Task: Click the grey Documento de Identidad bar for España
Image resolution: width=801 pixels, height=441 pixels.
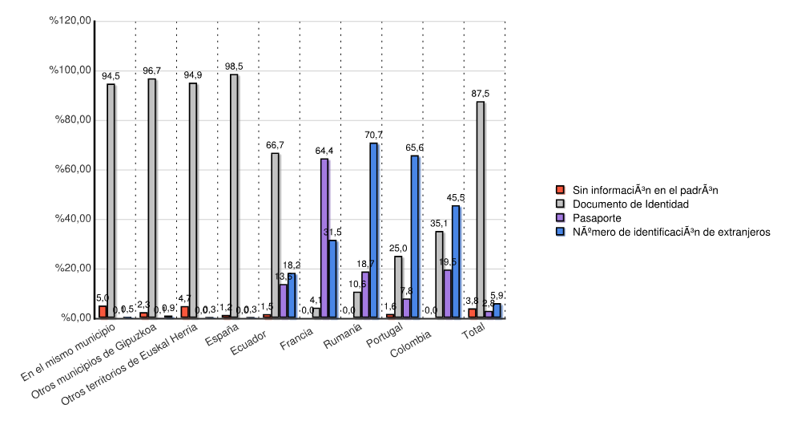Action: [x=234, y=196]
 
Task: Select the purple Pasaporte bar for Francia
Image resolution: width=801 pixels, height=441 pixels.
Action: [x=324, y=238]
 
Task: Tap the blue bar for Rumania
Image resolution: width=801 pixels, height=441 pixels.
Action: [x=373, y=230]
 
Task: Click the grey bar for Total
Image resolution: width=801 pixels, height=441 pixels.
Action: [x=480, y=209]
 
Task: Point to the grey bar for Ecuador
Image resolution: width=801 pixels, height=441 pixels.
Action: [x=275, y=235]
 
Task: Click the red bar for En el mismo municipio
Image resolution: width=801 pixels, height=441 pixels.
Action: [x=103, y=312]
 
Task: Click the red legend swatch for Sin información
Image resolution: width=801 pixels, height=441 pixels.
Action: [x=562, y=190]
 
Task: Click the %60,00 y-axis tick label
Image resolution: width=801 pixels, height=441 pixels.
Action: [x=71, y=169]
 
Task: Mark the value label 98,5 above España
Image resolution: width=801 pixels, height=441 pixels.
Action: [x=234, y=67]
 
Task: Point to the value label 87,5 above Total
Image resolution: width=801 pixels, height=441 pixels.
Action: [x=480, y=94]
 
